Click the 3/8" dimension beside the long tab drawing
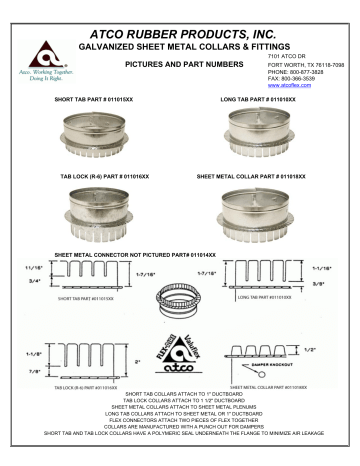325,284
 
